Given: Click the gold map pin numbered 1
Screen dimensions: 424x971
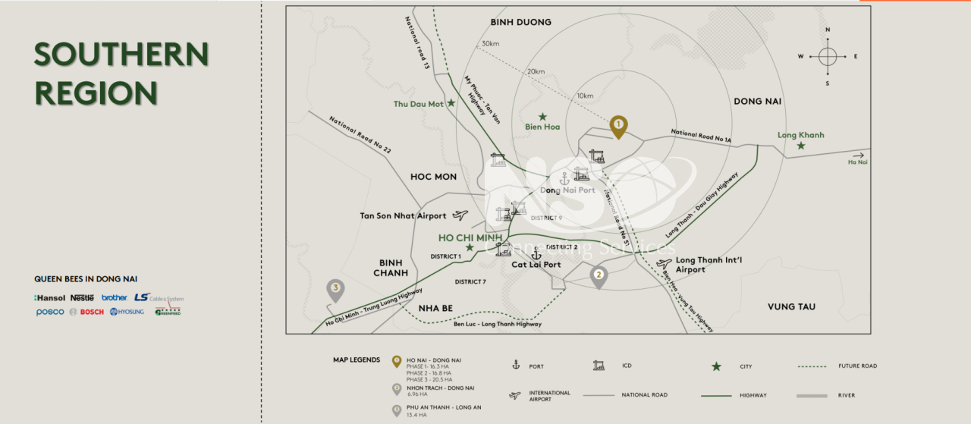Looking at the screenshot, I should pyautogui.click(x=618, y=125).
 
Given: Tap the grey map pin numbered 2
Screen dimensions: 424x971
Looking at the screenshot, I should pyautogui.click(x=599, y=276).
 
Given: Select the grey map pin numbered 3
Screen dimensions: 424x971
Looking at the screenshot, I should pyautogui.click(x=335, y=289).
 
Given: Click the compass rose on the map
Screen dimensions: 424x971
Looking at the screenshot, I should pyautogui.click(x=828, y=56).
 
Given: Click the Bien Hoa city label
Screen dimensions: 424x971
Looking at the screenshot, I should pyautogui.click(x=542, y=127).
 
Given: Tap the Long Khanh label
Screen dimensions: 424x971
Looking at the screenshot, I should pyautogui.click(x=800, y=136).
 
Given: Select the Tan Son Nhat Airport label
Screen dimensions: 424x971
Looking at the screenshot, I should pyautogui.click(x=403, y=216).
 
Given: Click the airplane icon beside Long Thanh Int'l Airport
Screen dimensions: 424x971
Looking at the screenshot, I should pyautogui.click(x=665, y=264).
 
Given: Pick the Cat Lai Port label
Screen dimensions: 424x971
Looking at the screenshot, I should pyautogui.click(x=536, y=265).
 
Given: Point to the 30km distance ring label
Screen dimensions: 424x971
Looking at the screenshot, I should pyautogui.click(x=491, y=43).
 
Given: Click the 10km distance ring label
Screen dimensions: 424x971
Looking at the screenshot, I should pyautogui.click(x=585, y=96).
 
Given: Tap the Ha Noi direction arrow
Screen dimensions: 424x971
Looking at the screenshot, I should pyautogui.click(x=858, y=155).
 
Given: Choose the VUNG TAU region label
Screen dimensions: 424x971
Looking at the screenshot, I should pyautogui.click(x=791, y=306).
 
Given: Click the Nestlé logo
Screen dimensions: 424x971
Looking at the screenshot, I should pyautogui.click(x=82, y=298).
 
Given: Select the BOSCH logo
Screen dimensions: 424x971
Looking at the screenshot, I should pyautogui.click(x=92, y=312).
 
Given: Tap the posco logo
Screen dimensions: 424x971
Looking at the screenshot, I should pyautogui.click(x=50, y=312).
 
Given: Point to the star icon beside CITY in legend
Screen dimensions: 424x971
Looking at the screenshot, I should pyautogui.click(x=716, y=366).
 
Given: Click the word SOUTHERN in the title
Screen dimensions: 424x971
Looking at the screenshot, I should pyautogui.click(x=121, y=55).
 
